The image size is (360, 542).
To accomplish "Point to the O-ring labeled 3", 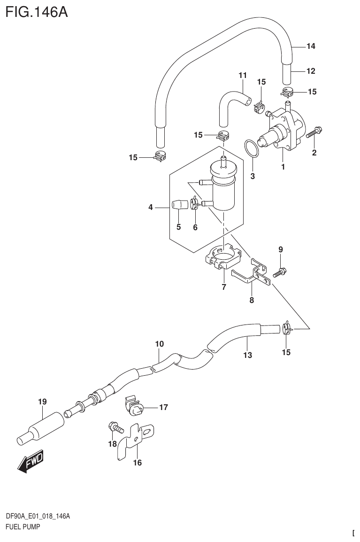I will (252, 149).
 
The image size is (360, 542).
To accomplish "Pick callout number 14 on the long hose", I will (310, 46).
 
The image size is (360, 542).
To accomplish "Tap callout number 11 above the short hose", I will (242, 75).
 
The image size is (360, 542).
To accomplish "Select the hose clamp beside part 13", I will (287, 329).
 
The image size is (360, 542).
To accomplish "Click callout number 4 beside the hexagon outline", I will (151, 207).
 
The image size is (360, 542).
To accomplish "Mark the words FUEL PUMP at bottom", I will (22, 527).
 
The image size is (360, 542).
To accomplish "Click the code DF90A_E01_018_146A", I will (38, 516).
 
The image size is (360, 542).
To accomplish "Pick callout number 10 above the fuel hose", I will (160, 344).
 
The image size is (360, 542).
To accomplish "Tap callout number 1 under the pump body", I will (283, 166).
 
